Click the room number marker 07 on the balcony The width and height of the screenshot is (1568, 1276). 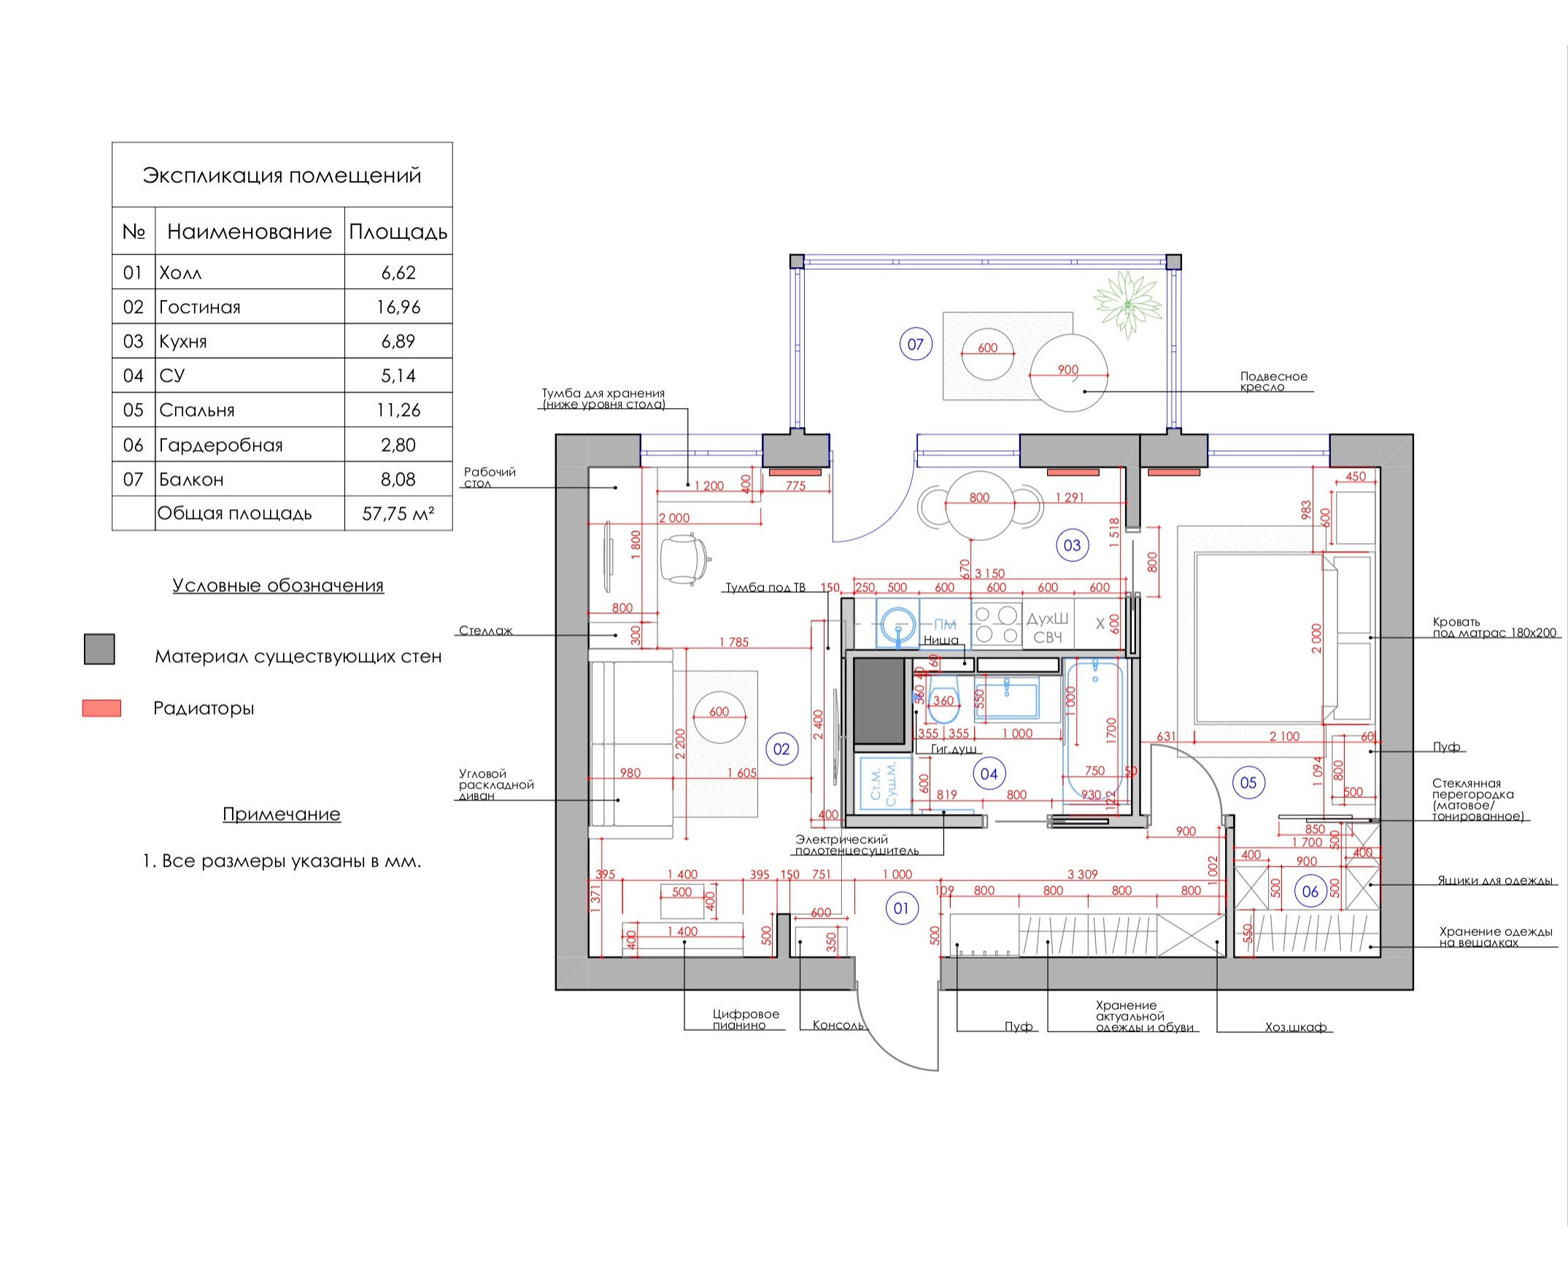[916, 344]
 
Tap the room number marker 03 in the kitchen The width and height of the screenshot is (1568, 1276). [1072, 545]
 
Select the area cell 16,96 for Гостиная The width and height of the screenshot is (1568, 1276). [398, 307]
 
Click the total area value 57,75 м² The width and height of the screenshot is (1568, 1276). [398, 514]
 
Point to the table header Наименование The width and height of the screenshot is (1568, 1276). [249, 232]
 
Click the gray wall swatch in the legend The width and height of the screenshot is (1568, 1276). [99, 650]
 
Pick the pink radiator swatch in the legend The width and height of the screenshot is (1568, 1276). [101, 708]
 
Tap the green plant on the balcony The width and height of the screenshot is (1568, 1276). [1127, 304]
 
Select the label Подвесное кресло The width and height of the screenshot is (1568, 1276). [1273, 382]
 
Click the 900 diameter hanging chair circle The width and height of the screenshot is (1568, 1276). [1068, 374]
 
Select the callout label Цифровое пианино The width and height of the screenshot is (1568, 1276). [745, 1019]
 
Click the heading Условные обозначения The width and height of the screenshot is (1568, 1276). [278, 586]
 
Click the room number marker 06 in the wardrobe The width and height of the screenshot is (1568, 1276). [1310, 891]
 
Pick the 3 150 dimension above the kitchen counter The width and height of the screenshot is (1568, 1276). [989, 573]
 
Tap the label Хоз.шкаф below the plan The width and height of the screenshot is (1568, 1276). [1295, 1028]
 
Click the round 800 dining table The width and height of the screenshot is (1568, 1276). [979, 506]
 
